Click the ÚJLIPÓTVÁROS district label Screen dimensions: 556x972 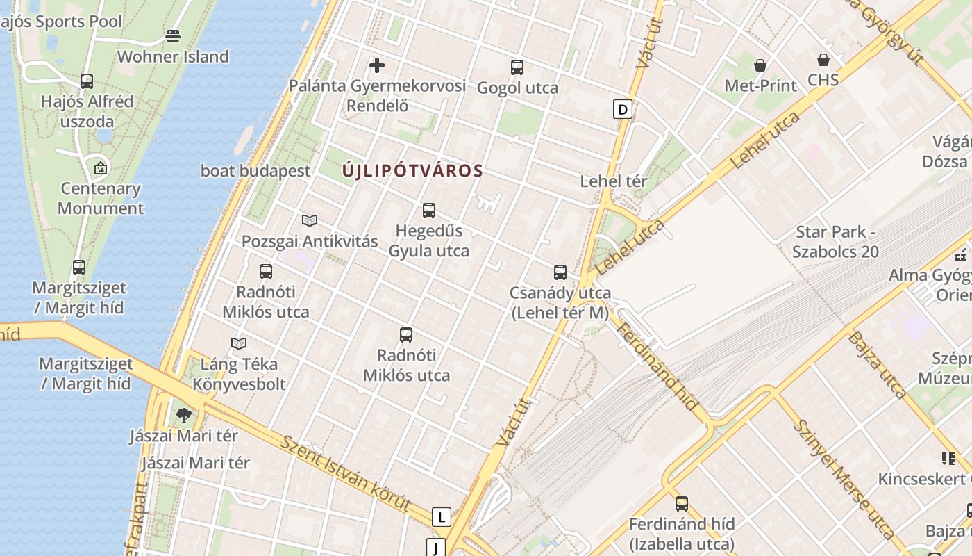(412, 171)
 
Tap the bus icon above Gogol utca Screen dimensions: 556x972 (517, 67)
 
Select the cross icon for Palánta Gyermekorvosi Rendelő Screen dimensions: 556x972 (377, 65)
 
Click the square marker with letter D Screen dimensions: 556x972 (623, 109)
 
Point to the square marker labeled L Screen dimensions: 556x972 (441, 517)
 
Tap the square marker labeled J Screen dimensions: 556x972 (435, 548)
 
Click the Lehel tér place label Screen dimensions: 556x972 (614, 181)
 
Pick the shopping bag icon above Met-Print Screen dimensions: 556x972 (760, 65)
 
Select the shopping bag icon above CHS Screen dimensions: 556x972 (823, 60)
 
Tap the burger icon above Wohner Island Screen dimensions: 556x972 (173, 36)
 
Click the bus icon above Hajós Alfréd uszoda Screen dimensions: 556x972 (87, 81)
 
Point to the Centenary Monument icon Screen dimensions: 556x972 (101, 168)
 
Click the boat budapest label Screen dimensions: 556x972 (255, 171)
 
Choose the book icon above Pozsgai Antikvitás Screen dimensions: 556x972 (310, 221)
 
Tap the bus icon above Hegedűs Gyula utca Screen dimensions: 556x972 (429, 210)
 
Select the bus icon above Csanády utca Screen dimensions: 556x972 (560, 272)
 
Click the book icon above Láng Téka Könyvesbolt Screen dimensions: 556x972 (239, 343)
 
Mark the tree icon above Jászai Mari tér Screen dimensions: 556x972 (184, 416)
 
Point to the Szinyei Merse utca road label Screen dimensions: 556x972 (842, 480)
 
